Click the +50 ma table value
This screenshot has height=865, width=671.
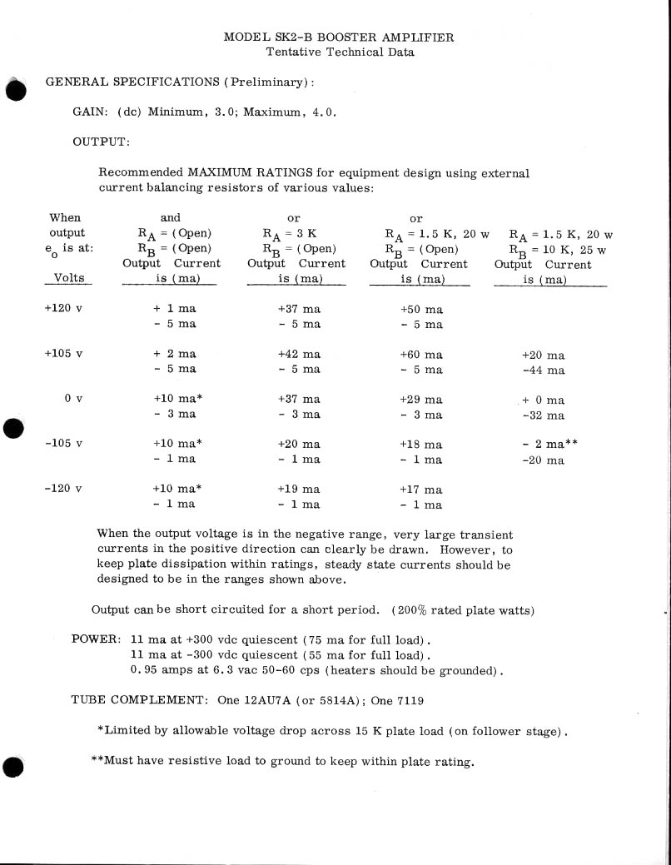[x=421, y=309]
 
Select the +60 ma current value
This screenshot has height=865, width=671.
[x=421, y=355]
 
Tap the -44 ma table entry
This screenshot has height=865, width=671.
[x=544, y=370]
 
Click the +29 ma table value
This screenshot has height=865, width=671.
[x=421, y=400]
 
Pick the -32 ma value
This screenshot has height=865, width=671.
[x=544, y=415]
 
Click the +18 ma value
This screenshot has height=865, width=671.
[x=421, y=445]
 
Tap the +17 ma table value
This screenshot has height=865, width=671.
[x=421, y=490]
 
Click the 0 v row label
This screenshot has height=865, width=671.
[x=73, y=400]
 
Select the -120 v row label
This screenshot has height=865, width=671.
[x=63, y=490]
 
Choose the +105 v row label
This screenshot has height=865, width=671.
[x=63, y=355]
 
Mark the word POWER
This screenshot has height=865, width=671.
[x=94, y=639]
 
